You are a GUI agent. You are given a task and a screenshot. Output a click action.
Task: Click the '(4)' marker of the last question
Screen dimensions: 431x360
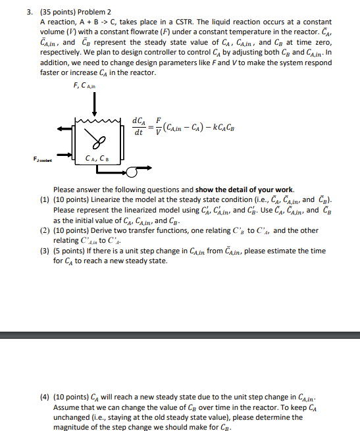pyautogui.click(x=45, y=397)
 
